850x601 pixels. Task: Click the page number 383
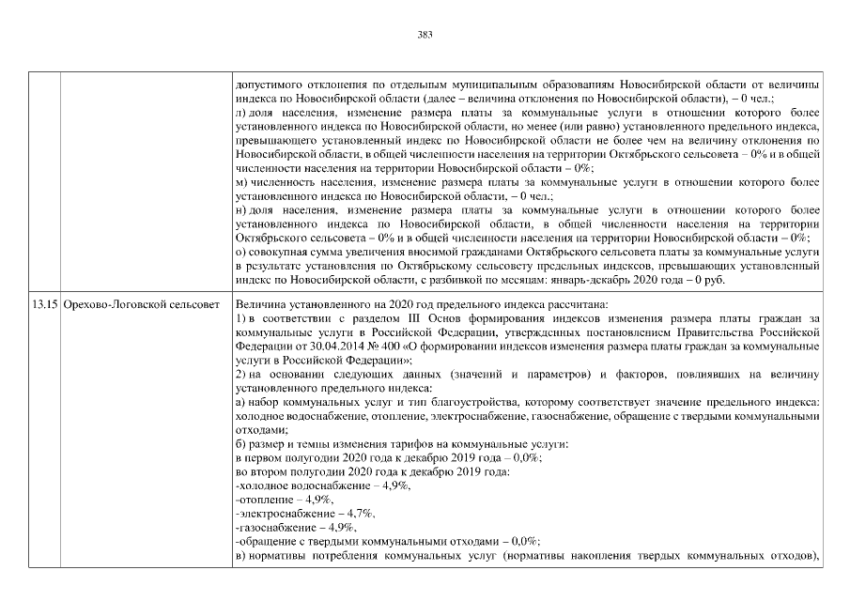pyautogui.click(x=424, y=35)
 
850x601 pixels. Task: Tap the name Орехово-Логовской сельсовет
pyautogui.click(x=140, y=304)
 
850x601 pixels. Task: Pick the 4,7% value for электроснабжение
pyautogui.click(x=361, y=513)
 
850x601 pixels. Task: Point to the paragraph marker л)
pyautogui.click(x=240, y=112)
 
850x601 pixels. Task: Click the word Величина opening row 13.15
pyautogui.click(x=261, y=304)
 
